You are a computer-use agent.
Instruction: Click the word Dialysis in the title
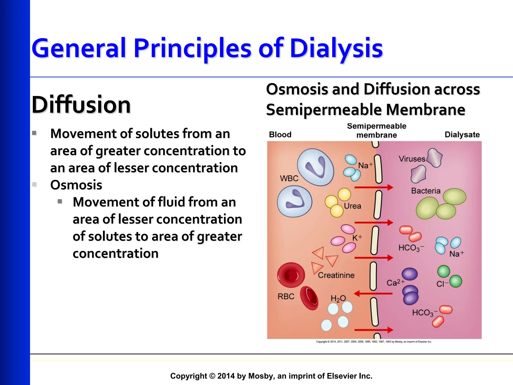336,48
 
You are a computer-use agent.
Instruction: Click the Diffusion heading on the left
81,105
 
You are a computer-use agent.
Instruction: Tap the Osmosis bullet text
76,185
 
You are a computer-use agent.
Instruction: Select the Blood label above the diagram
280,135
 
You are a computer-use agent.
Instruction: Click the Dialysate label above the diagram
462,135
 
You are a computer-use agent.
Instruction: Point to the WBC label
289,178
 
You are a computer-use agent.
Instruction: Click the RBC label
286,297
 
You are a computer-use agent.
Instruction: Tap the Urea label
352,206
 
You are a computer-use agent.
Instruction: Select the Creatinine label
336,275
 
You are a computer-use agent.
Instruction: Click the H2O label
338,299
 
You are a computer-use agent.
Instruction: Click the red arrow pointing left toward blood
373,294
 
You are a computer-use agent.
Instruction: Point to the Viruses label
412,159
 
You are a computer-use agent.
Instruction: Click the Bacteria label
426,191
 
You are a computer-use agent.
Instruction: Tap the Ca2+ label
395,283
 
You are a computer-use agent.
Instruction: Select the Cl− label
442,284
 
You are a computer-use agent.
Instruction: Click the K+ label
357,238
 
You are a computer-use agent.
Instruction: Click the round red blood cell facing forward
291,275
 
